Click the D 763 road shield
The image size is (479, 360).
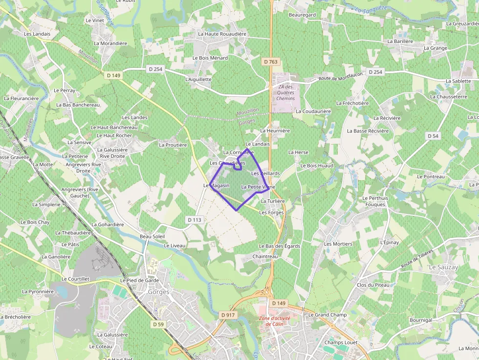[x=270, y=62]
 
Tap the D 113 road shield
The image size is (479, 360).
[x=194, y=220]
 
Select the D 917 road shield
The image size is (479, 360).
[x=228, y=315]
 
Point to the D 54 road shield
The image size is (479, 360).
[x=433, y=136]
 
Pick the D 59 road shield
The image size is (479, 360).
[x=158, y=324]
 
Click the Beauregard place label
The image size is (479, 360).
[x=302, y=15]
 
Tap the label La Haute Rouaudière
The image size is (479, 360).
[x=222, y=34]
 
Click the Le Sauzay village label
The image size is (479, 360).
[x=443, y=268]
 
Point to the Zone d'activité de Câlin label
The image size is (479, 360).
[x=275, y=321]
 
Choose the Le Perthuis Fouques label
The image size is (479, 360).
[x=375, y=201]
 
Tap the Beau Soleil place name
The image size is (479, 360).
[x=152, y=236]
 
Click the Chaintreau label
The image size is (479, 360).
[x=265, y=256]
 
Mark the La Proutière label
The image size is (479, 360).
[x=173, y=145]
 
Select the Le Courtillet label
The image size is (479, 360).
[x=76, y=279]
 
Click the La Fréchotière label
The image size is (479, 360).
[x=352, y=104]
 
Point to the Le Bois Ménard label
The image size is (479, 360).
[x=210, y=58]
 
